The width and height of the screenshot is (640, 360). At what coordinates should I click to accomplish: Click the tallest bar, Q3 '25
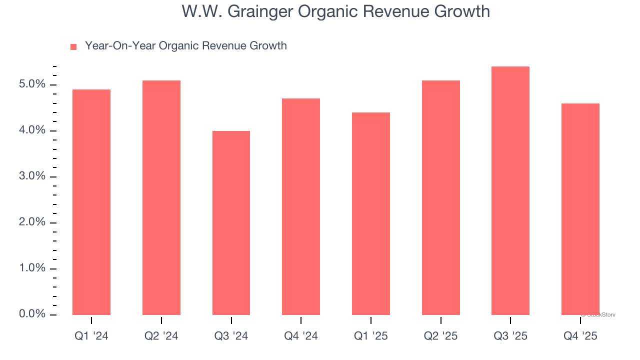(510, 190)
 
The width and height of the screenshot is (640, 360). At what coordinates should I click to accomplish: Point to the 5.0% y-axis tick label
(32, 84)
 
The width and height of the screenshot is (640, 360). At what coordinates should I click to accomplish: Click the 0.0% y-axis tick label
(32, 314)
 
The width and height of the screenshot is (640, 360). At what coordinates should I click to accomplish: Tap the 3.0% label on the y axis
(32, 176)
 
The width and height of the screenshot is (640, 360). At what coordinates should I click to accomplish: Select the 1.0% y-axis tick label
(32, 268)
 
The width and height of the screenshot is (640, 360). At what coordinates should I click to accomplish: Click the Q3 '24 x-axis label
(231, 336)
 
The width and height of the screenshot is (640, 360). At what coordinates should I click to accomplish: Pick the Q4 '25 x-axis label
(580, 336)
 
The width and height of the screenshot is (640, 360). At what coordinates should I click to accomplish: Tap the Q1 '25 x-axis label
(371, 336)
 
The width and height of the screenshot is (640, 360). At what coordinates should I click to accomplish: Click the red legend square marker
(73, 46)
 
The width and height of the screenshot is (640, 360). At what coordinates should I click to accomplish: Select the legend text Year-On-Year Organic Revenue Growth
(185, 46)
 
